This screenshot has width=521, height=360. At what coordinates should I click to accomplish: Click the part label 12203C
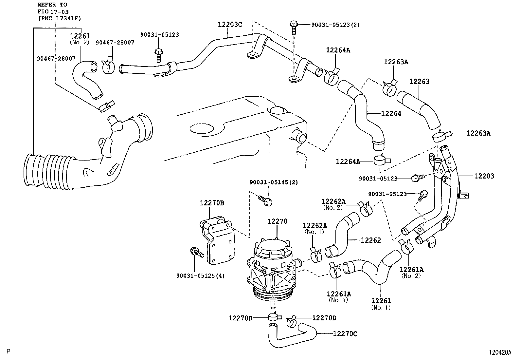[230, 24]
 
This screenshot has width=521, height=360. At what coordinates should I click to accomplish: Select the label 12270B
[212, 203]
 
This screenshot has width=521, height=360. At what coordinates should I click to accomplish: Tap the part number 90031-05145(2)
[274, 182]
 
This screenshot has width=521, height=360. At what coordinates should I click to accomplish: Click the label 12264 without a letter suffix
[391, 113]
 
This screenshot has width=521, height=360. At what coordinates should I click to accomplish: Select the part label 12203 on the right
[484, 176]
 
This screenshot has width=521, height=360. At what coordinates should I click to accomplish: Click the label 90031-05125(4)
[201, 275]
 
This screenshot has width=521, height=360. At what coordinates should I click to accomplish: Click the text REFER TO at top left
[52, 5]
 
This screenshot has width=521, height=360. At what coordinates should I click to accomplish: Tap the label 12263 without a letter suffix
[419, 82]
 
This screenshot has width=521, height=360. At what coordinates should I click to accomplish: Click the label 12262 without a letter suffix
[371, 240]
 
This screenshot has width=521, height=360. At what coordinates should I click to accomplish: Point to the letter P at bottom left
[8, 351]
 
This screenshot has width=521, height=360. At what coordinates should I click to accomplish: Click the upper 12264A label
[338, 50]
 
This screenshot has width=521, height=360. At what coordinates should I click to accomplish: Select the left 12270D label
[240, 318]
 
